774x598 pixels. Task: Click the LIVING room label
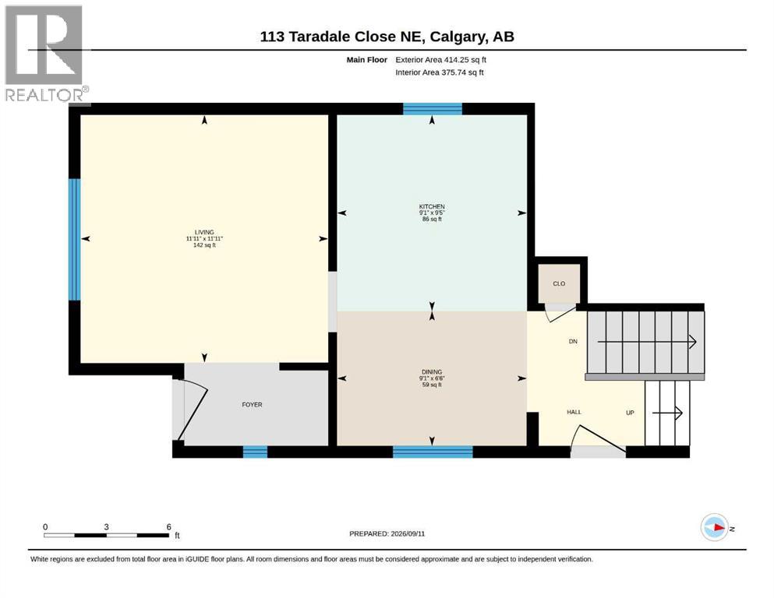point(204,232)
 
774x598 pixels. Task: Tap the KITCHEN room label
point(432,206)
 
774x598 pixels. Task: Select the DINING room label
point(432,372)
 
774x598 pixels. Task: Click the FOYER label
point(252,405)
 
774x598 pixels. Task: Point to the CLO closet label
point(559,284)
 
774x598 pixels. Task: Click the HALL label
point(574,412)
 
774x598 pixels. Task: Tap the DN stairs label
point(573,342)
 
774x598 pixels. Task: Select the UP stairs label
point(630,413)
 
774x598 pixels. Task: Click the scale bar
point(106,535)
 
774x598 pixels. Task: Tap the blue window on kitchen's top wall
point(433,109)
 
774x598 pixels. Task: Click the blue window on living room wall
point(75,240)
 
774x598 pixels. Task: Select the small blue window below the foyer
point(255,452)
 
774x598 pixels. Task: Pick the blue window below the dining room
point(433,452)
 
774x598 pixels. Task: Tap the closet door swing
point(560,313)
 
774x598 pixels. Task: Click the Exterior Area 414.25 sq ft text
point(441,60)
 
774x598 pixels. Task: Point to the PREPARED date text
point(387,534)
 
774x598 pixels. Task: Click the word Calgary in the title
point(457,37)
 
